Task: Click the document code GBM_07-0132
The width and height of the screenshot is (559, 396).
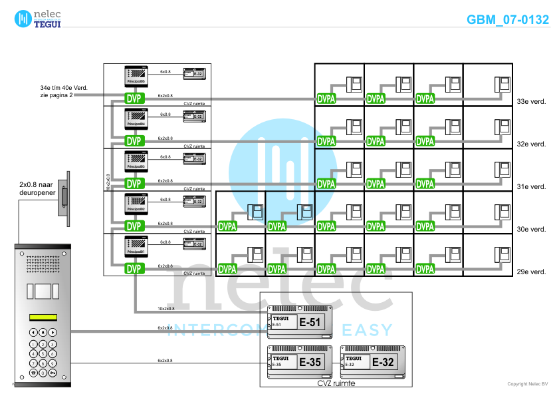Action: coord(508,19)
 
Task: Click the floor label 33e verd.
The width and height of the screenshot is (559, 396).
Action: coord(531,102)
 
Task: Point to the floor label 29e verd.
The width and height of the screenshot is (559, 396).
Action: coord(531,272)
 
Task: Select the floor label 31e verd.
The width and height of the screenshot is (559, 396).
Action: coord(531,187)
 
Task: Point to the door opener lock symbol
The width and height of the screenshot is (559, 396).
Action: coord(64,196)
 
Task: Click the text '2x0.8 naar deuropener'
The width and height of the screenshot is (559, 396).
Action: coord(37,189)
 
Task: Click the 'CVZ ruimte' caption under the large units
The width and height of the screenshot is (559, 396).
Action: coord(336,383)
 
